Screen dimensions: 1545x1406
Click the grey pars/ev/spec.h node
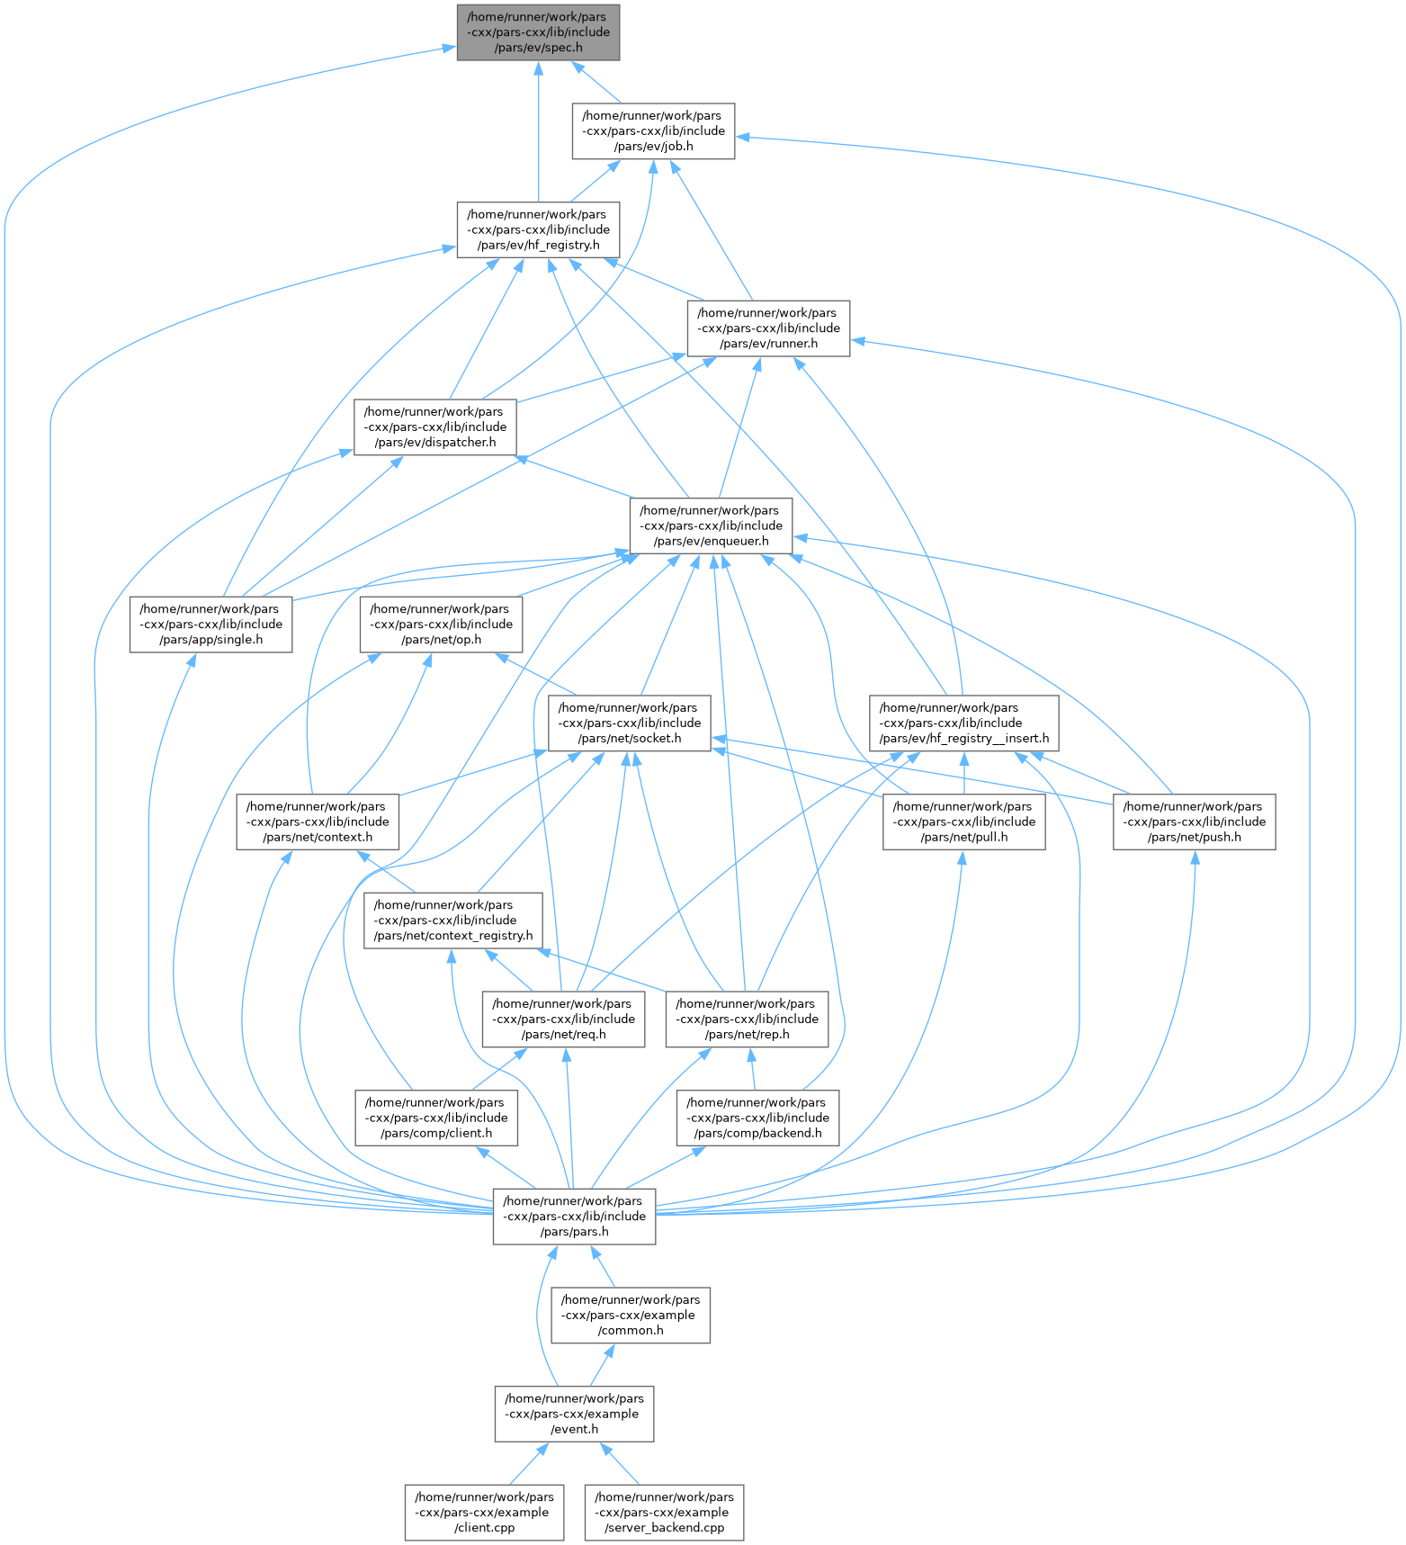click(x=538, y=32)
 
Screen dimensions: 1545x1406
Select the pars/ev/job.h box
click(x=654, y=131)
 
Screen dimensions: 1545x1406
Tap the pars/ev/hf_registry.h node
click(x=538, y=229)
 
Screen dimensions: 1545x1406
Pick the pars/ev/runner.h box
click(x=768, y=328)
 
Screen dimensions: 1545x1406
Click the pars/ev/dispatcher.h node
click(x=435, y=427)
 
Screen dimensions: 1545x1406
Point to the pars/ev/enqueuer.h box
click(x=711, y=525)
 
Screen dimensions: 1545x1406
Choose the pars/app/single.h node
click(x=210, y=624)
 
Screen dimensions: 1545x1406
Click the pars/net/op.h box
click(x=441, y=624)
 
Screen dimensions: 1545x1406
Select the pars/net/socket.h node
click(x=629, y=723)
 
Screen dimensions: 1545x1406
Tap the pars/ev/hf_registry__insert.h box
click(x=963, y=723)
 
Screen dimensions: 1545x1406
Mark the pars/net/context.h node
click(x=318, y=822)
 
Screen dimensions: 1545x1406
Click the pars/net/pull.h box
click(x=963, y=822)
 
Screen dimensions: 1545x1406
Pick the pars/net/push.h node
click(x=1194, y=822)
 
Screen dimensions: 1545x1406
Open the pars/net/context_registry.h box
click(x=453, y=921)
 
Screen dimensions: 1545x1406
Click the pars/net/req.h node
click(x=563, y=1020)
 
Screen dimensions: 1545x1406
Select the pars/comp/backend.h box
click(x=757, y=1118)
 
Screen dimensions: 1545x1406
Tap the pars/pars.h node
click(x=574, y=1217)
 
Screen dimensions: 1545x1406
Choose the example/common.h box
click(x=631, y=1316)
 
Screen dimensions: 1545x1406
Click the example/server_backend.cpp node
click(x=664, y=1513)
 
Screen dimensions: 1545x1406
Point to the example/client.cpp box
click(x=485, y=1513)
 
